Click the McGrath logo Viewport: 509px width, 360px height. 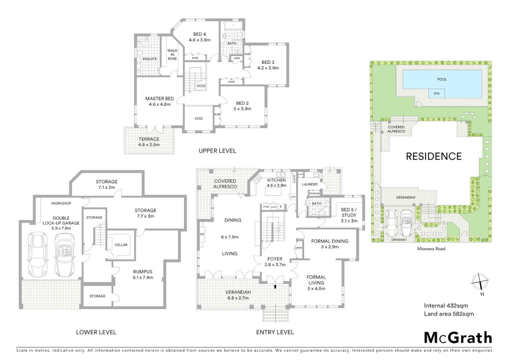458,338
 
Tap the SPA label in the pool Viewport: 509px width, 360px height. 436,94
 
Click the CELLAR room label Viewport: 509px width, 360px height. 121,245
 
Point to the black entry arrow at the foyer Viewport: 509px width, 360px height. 275,286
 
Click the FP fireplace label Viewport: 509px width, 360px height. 202,234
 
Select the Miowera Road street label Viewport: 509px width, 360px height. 431,249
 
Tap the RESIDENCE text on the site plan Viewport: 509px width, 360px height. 434,156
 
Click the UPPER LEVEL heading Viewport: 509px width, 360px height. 217,151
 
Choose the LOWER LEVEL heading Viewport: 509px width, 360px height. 96,332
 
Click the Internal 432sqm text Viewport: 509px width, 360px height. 446,306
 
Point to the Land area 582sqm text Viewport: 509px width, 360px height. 449,314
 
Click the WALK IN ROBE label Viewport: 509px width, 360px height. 172,55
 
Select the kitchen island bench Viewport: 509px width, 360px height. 273,191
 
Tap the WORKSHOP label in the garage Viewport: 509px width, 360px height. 61,203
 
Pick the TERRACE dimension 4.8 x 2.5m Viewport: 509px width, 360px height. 149,145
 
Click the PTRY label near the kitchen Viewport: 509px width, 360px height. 266,207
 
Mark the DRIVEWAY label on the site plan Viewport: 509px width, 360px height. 399,240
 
